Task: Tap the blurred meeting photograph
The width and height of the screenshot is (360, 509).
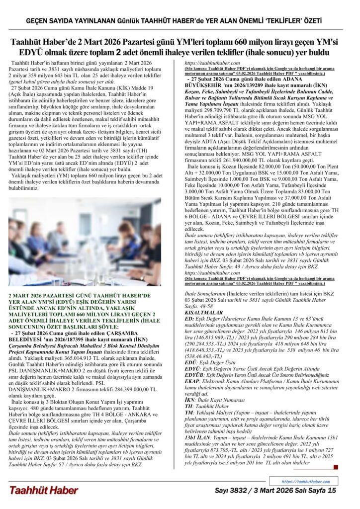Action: (x=85, y=242)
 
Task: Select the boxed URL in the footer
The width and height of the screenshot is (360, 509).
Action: (x=305, y=482)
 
